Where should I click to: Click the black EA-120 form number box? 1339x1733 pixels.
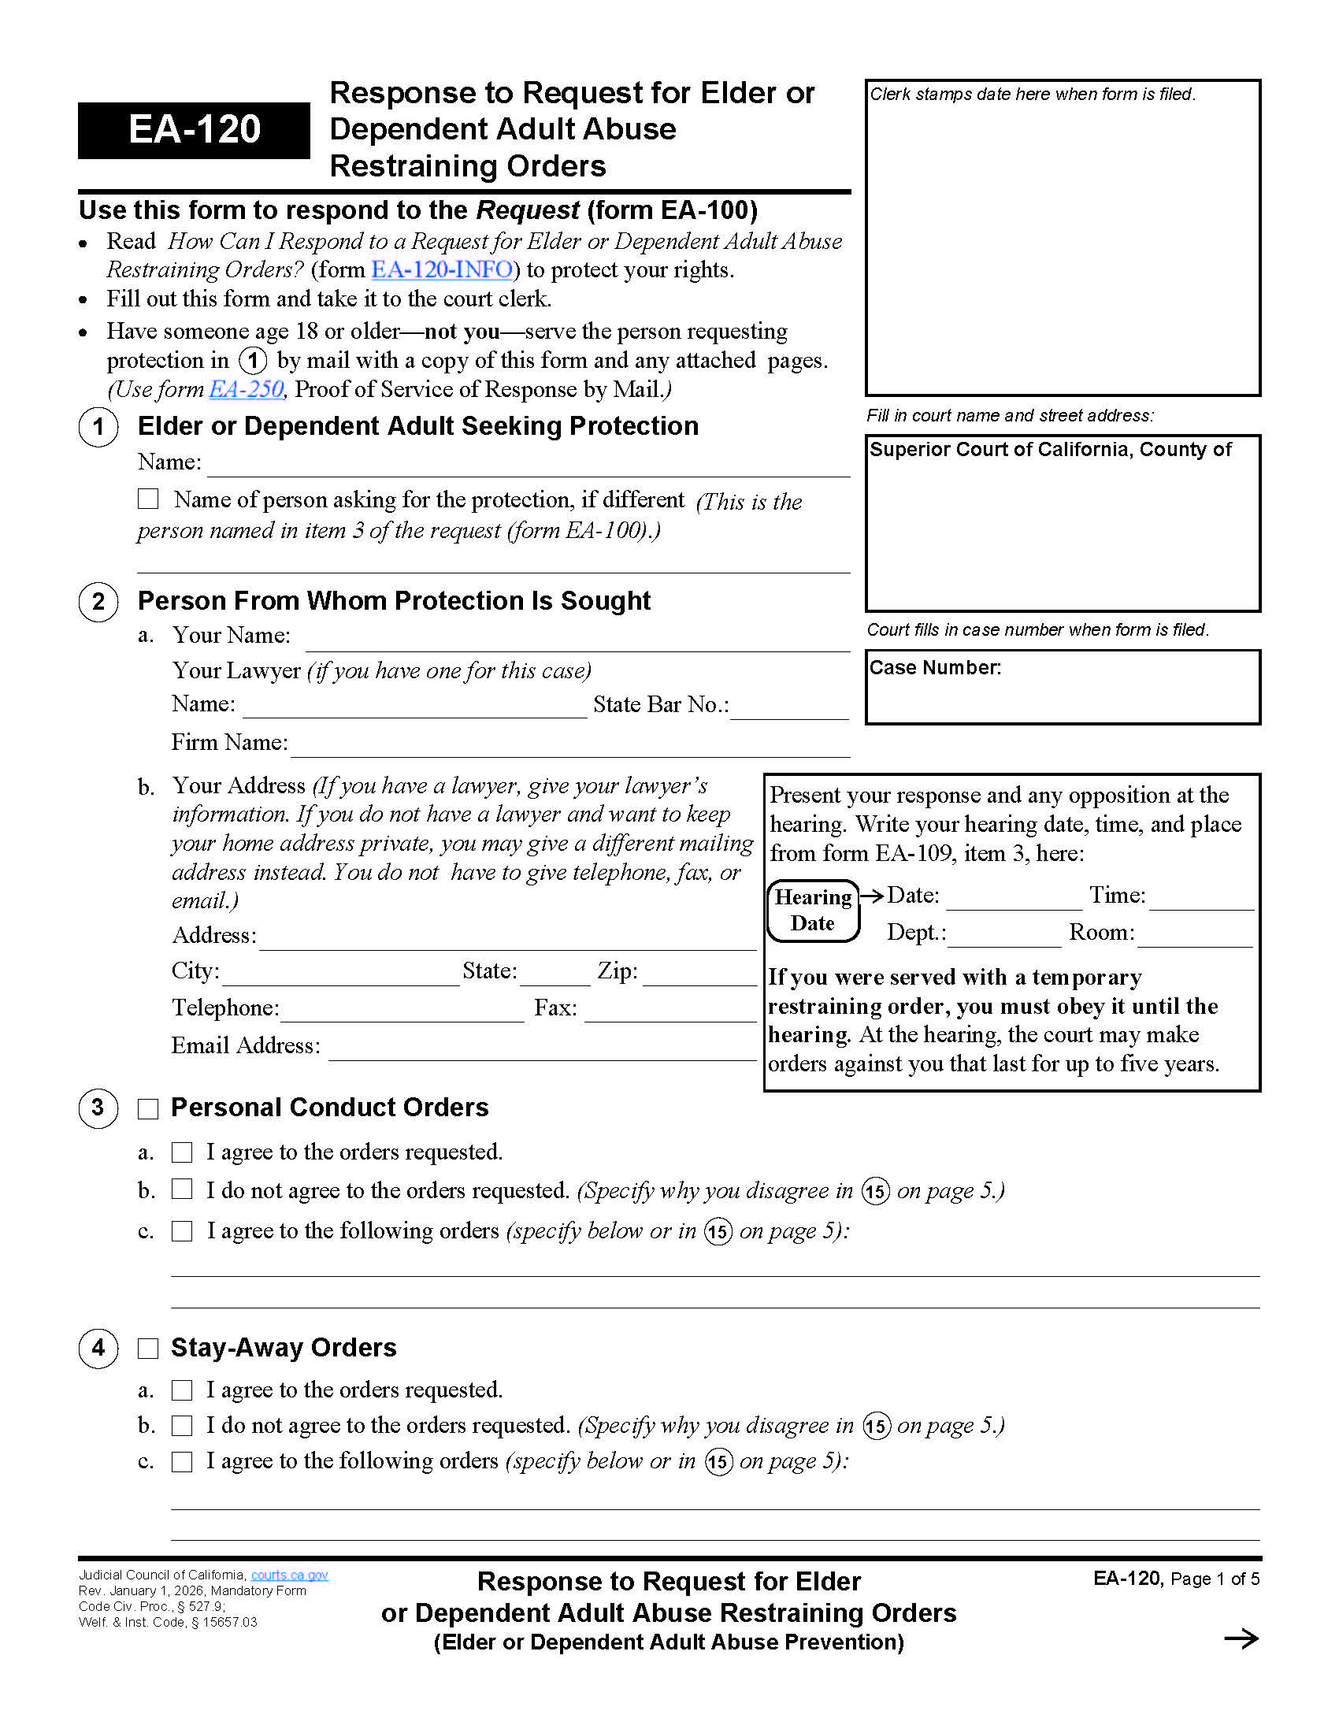coord(194,130)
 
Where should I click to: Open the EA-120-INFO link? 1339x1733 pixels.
coord(442,269)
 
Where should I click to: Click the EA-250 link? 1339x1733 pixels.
coord(246,390)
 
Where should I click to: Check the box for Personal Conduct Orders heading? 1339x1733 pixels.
coord(148,1108)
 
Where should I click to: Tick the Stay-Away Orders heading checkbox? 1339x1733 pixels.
coord(148,1348)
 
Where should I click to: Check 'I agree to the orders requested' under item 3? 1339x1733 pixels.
coord(183,1152)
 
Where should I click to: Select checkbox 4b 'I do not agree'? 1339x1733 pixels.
coord(183,1426)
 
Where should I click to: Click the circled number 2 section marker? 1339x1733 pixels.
coord(98,602)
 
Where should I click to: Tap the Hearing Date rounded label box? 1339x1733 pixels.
coord(813,910)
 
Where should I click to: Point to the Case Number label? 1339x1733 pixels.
coord(935,668)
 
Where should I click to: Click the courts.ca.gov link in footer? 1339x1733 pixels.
coord(290,1575)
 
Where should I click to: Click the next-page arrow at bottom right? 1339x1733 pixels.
coord(1241,1638)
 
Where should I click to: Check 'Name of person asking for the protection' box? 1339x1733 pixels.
coord(148,499)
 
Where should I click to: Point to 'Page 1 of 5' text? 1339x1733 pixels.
coord(1215,1579)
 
